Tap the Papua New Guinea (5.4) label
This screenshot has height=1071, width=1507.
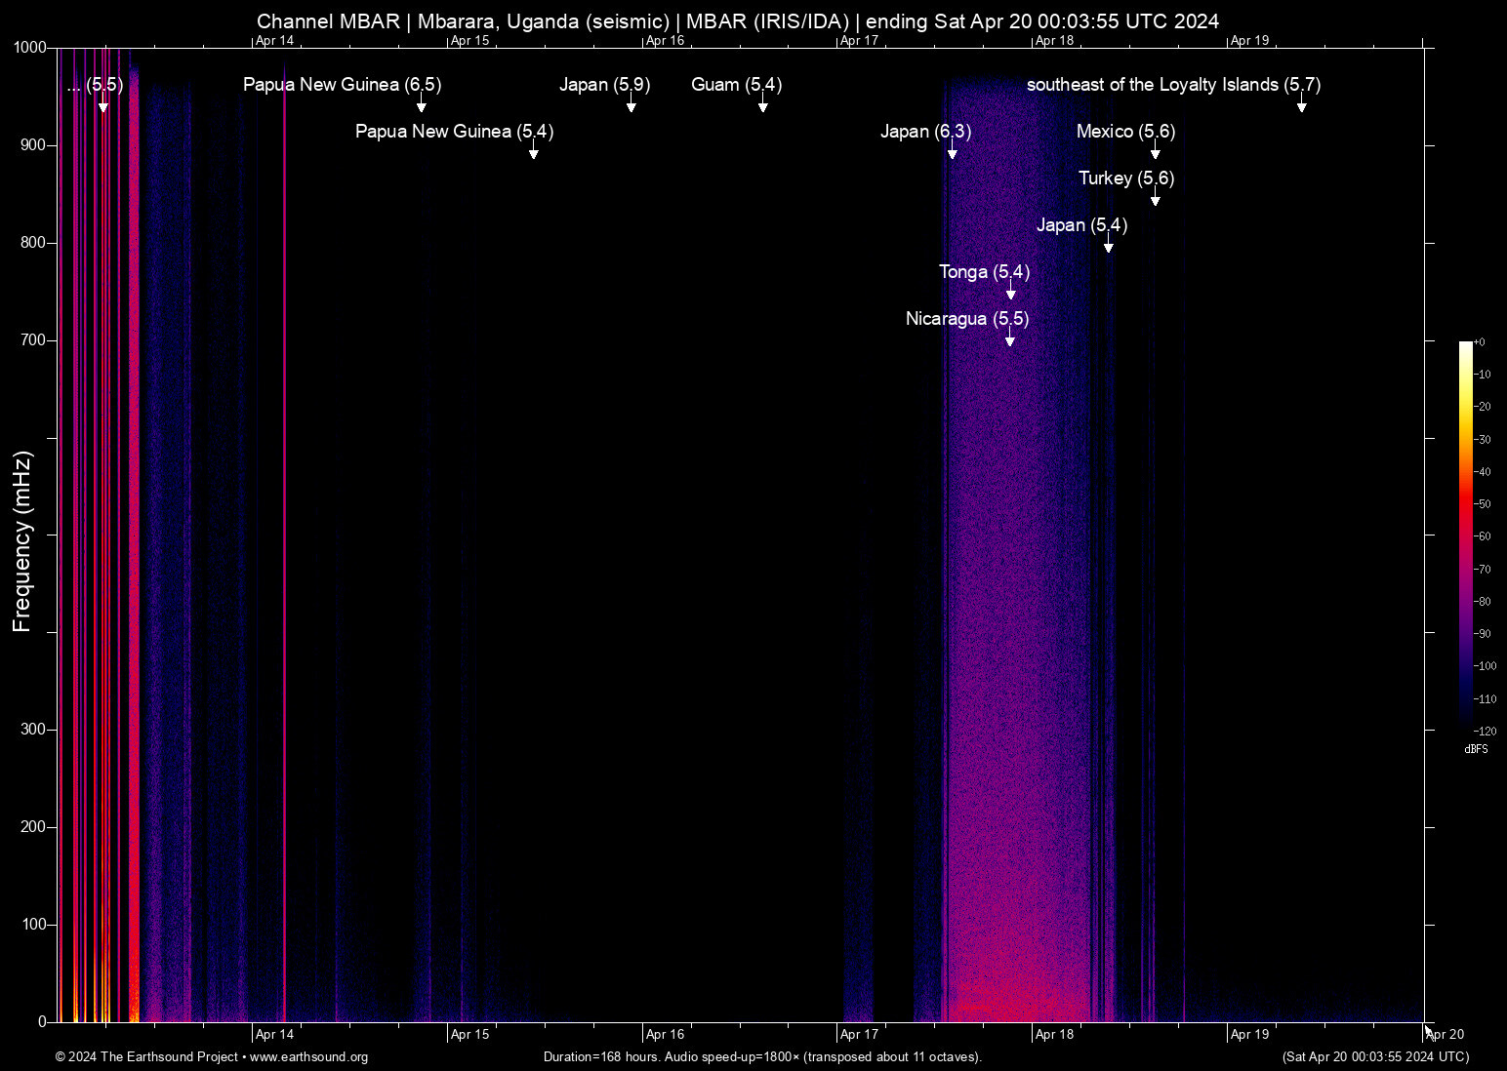(454, 132)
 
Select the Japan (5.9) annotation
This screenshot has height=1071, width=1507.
(604, 85)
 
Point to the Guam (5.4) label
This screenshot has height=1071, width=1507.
(736, 85)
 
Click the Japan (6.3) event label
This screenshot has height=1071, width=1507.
(925, 132)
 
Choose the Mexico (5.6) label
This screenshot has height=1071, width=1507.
(1125, 132)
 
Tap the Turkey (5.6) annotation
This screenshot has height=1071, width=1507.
(1126, 178)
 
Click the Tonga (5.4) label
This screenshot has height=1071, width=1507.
(984, 272)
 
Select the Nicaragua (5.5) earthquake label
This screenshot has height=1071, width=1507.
(967, 319)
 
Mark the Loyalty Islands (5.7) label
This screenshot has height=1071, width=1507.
(1173, 85)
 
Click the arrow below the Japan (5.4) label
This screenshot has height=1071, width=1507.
(1108, 247)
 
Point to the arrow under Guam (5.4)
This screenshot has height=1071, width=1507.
(762, 106)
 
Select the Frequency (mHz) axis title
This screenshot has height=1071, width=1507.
(21, 541)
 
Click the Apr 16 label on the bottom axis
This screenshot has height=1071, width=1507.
(665, 1035)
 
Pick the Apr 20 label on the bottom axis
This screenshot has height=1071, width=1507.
(1446, 1035)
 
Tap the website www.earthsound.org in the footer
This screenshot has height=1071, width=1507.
(308, 1057)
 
